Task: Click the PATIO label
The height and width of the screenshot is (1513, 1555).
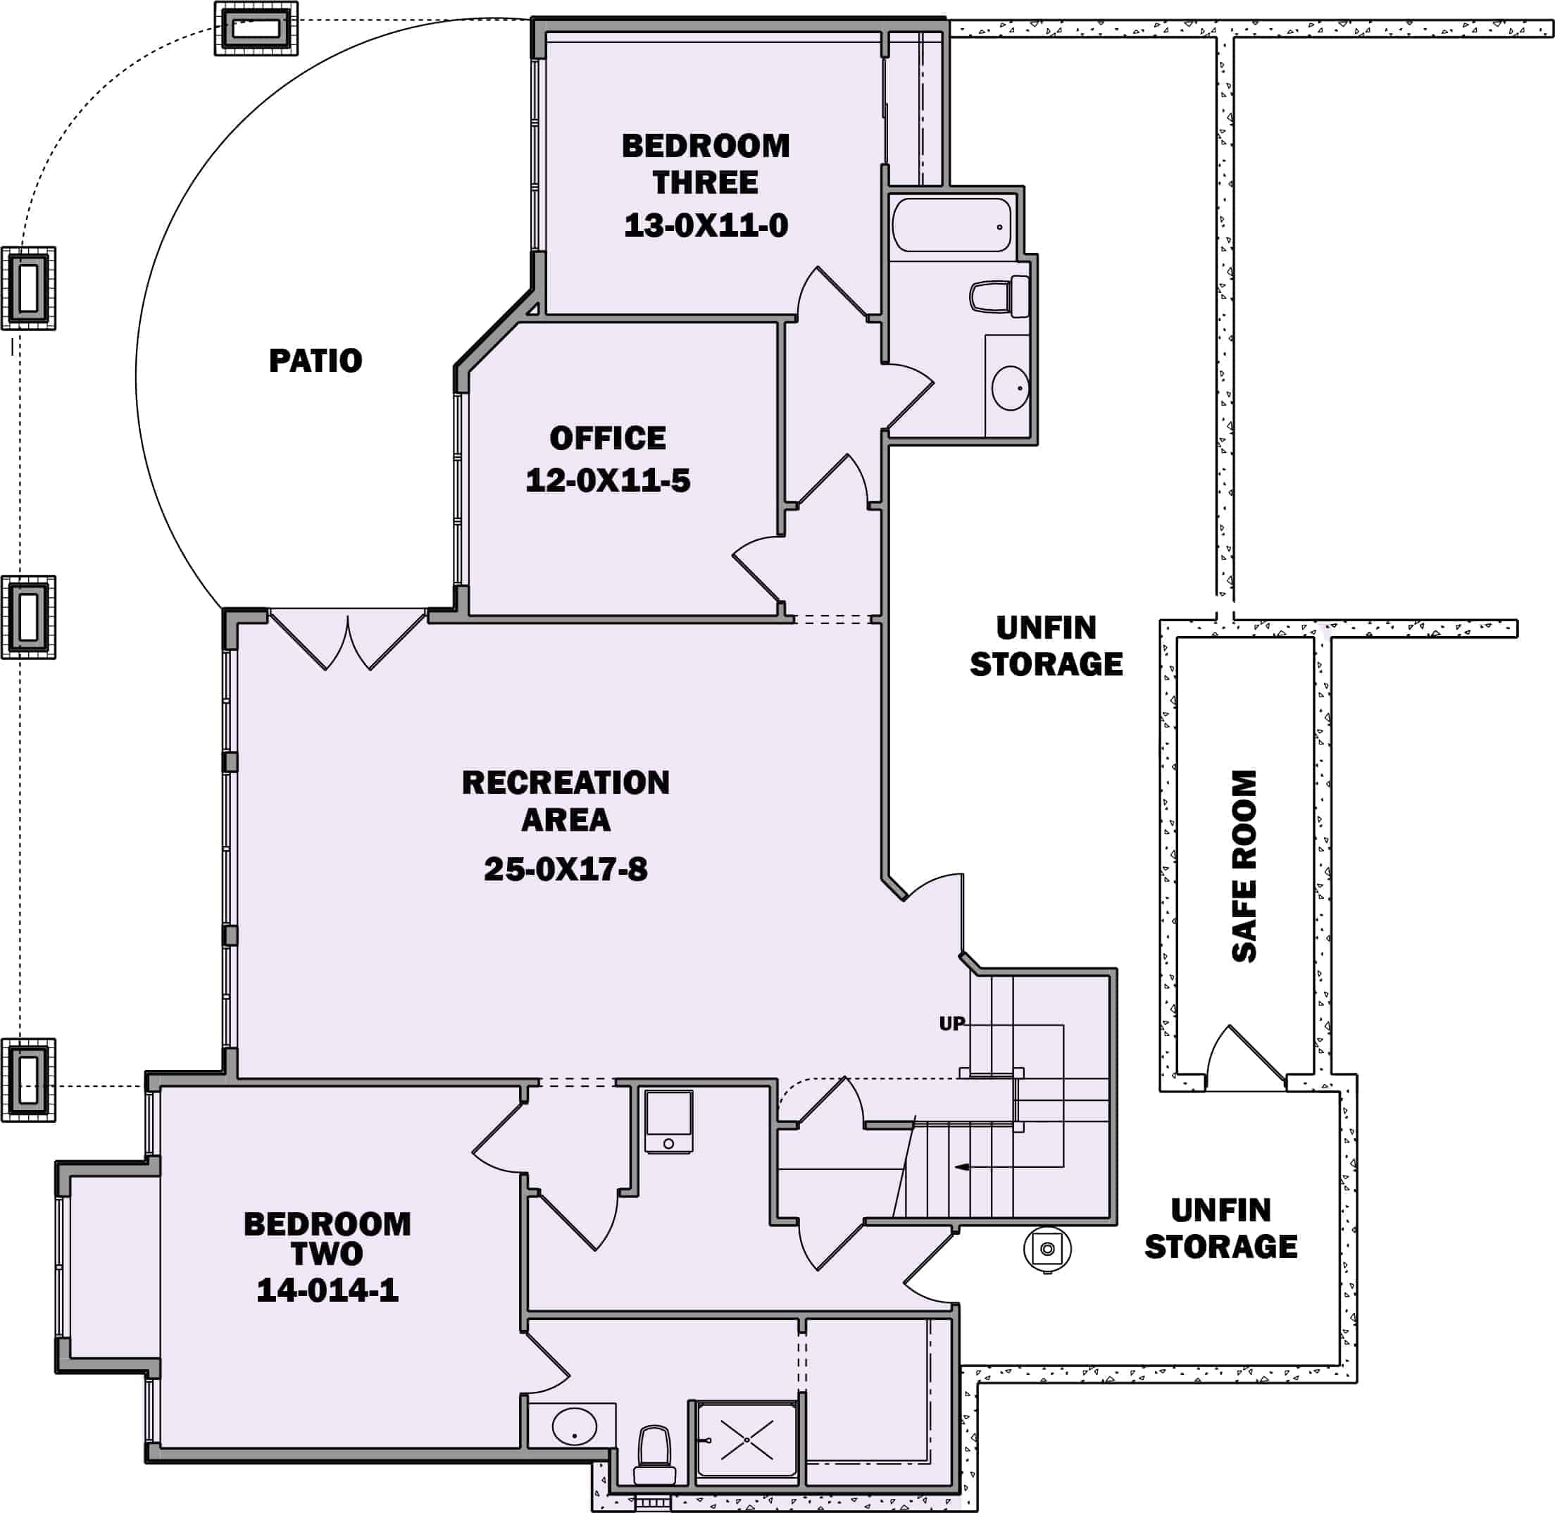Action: click(x=316, y=361)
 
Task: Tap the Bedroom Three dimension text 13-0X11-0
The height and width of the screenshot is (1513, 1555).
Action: click(x=706, y=225)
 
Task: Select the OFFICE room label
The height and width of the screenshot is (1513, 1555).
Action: click(x=608, y=438)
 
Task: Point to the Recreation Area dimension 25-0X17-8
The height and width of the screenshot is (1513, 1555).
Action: click(x=566, y=869)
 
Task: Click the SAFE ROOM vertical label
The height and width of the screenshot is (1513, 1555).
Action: click(x=1244, y=866)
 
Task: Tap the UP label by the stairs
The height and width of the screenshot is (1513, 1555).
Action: click(x=952, y=1023)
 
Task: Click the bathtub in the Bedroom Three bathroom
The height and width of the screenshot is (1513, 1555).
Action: click(x=952, y=225)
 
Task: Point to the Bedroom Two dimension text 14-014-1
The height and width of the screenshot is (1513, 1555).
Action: click(x=327, y=1290)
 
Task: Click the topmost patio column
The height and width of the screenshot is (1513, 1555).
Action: click(x=256, y=30)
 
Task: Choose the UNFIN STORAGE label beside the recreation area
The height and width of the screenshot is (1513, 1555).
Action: click(x=1047, y=646)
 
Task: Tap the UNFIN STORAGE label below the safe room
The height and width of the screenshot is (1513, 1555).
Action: click(x=1221, y=1228)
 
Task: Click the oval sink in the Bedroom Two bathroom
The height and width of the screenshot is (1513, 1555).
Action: click(x=575, y=1426)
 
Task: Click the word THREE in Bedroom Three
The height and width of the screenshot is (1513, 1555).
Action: click(x=706, y=182)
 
